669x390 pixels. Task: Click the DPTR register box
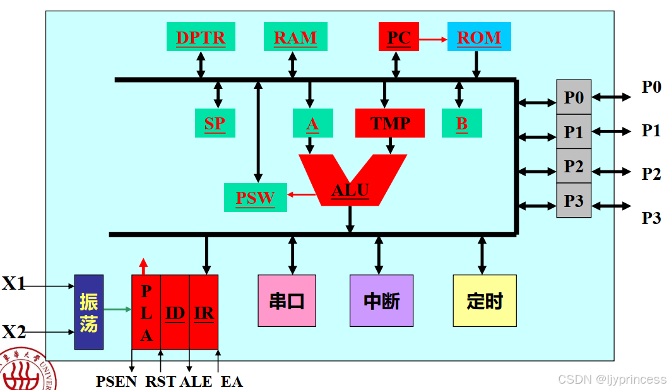tap(200, 37)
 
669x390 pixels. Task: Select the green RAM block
tap(295, 37)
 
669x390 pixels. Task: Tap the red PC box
tap(398, 37)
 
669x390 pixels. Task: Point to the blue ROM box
tap(478, 37)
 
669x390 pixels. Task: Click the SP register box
tap(215, 123)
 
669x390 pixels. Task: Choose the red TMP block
tap(390, 123)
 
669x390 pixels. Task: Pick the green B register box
tap(461, 123)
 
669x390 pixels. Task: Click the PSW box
tap(255, 198)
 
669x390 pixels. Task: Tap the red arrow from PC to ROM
tap(433, 39)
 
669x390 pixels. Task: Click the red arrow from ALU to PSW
tap(302, 194)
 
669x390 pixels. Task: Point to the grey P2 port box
tap(574, 167)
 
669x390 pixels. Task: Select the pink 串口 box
tap(287, 300)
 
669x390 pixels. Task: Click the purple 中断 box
tap(382, 300)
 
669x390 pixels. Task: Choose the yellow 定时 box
tap(485, 300)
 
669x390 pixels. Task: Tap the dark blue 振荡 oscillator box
tap(89, 312)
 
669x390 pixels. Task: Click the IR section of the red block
tap(204, 312)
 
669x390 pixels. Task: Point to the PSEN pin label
tap(117, 381)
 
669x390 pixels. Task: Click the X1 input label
tap(14, 284)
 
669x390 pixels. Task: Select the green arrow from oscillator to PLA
tap(117, 309)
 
